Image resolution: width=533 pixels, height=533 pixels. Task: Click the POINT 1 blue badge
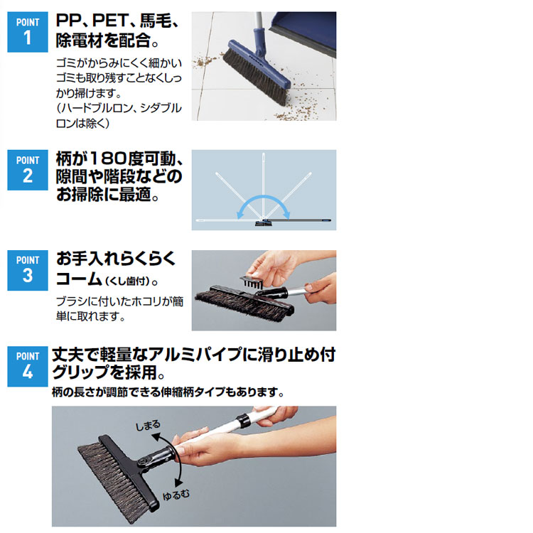click(28, 32)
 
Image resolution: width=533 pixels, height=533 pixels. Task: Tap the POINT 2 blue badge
click(28, 170)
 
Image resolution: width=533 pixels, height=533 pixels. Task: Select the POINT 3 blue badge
click(28, 270)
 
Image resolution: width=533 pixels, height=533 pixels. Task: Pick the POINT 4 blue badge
click(28, 367)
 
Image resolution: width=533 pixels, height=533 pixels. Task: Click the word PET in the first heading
click(109, 21)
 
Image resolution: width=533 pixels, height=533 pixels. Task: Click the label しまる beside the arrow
click(148, 425)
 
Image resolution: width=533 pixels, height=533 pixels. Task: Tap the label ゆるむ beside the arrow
click(176, 495)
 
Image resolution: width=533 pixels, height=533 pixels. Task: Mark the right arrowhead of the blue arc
click(286, 214)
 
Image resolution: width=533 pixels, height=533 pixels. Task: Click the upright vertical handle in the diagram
click(264, 185)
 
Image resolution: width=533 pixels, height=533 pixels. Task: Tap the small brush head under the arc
click(264, 223)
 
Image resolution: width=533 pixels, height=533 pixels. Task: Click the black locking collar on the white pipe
click(244, 420)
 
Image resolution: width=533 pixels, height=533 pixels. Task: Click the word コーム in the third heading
click(79, 279)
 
